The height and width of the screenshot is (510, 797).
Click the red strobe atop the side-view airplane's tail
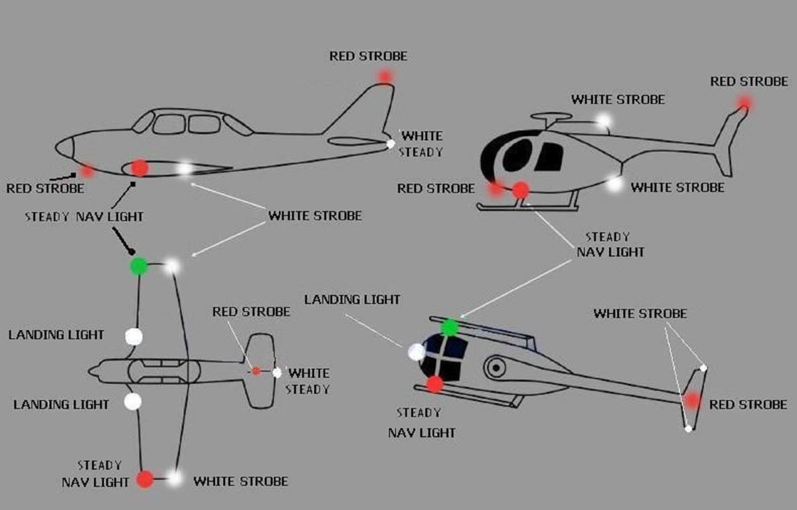[x=385, y=76]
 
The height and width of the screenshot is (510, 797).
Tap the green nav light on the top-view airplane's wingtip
[x=138, y=266]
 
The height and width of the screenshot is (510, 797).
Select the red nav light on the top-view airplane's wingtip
[x=145, y=478]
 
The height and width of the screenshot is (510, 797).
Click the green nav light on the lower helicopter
[x=450, y=327]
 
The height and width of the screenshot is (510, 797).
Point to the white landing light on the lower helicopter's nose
[x=416, y=352]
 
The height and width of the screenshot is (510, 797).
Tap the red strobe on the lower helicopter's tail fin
[x=693, y=400]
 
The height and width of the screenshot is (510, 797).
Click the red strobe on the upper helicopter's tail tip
[x=745, y=102]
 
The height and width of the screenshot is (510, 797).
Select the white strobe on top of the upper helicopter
[x=603, y=121]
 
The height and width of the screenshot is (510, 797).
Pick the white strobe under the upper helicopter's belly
[x=615, y=183]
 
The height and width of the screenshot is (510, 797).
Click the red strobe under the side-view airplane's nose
[x=86, y=171]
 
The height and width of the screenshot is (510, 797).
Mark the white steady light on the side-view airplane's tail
[x=391, y=143]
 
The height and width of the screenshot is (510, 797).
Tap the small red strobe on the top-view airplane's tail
[x=256, y=371]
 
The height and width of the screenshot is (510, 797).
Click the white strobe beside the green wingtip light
[x=172, y=266]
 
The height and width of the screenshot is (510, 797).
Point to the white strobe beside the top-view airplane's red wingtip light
[x=174, y=477]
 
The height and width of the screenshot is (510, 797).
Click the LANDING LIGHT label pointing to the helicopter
[x=352, y=299]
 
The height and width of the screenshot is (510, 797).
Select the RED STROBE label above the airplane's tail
[x=368, y=56]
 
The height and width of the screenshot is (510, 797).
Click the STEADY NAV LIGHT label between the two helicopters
[x=610, y=244]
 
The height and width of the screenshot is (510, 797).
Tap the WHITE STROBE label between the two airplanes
[x=315, y=216]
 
